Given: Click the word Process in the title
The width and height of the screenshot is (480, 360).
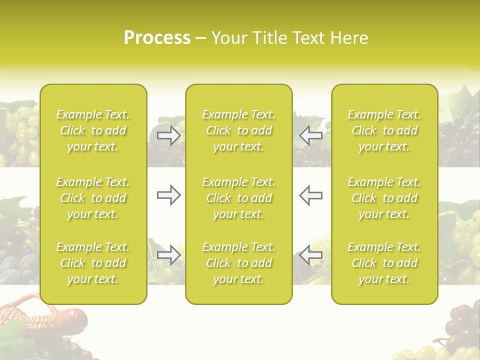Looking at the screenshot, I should (157, 38).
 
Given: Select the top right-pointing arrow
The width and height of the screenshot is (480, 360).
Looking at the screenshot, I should (169, 135).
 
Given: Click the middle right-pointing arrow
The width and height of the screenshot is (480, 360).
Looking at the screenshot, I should (169, 195).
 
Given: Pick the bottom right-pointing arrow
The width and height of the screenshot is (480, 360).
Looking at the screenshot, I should (169, 255).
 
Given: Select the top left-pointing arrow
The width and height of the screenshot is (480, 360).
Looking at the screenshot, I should (311, 135).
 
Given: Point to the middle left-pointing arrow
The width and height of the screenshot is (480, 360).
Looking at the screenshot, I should (311, 195).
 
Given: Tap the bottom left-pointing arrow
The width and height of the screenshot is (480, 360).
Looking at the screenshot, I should (311, 255).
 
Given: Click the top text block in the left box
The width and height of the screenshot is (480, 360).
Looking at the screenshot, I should (93, 130).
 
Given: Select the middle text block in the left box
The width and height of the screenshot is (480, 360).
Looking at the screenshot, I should (93, 198).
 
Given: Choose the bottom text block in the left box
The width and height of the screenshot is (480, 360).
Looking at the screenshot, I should (93, 263).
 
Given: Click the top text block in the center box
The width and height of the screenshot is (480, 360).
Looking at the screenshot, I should (239, 130).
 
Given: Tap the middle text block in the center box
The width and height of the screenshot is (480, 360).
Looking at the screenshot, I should (239, 198).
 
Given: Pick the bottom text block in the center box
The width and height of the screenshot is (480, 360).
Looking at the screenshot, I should (239, 263).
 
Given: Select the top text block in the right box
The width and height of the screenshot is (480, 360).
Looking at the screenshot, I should (384, 130).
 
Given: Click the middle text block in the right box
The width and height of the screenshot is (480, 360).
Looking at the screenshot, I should (384, 198).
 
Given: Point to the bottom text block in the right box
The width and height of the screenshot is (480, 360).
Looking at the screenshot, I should (384, 263).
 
